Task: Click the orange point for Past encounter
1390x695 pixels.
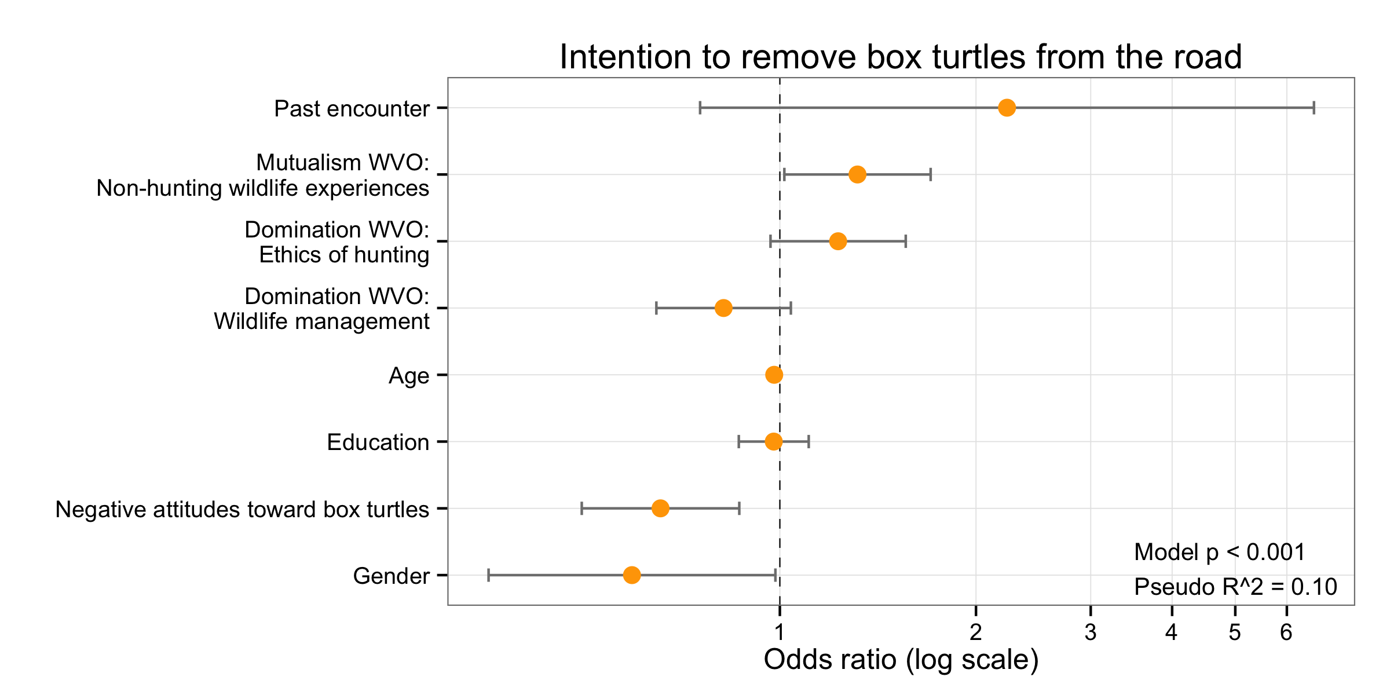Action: pos(1007,108)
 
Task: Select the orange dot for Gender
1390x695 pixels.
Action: pos(632,575)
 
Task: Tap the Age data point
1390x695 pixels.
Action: pos(774,375)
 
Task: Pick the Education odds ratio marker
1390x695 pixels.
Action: pos(773,442)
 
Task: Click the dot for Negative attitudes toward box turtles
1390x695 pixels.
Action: pos(660,509)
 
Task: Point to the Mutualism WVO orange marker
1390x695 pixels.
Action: pos(857,174)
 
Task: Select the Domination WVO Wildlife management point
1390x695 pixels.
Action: pos(723,308)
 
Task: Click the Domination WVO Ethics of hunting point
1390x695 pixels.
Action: pos(837,242)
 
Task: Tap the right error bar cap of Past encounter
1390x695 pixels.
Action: pos(1314,108)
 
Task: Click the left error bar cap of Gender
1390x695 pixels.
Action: pos(489,575)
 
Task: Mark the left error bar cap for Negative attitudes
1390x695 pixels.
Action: pos(581,509)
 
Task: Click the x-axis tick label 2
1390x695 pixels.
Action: pos(976,632)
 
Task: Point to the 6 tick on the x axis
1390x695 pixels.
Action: pos(1286,632)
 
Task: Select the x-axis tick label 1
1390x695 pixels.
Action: pos(780,632)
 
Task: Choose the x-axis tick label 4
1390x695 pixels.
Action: pos(1172,632)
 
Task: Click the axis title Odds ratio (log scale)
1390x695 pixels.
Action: pos(901,660)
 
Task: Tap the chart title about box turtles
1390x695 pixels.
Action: pos(901,57)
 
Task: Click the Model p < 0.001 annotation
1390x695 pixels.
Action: pos(1220,552)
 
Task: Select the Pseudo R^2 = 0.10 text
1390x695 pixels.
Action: pos(1235,587)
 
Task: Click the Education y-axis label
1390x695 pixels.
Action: pos(378,442)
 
